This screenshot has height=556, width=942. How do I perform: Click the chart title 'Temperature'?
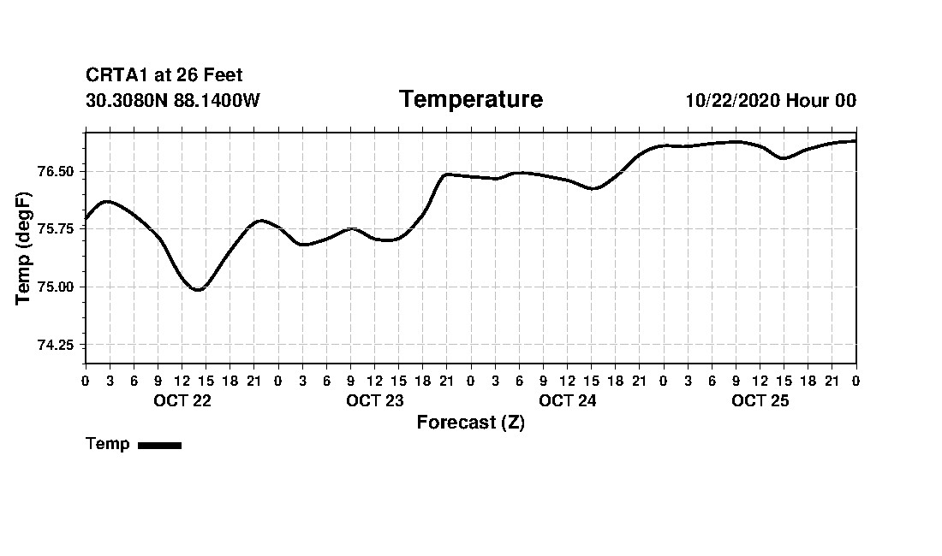tap(470, 100)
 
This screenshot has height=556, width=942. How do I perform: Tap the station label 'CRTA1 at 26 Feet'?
tap(164, 76)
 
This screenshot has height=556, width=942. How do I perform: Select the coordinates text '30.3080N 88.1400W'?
tap(173, 101)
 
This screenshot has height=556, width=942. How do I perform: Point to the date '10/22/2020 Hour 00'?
tap(771, 101)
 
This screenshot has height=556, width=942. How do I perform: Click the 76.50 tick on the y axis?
tap(57, 172)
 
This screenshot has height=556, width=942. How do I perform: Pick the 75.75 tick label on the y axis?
tap(57, 229)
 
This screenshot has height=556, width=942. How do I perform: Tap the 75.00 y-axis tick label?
tap(57, 287)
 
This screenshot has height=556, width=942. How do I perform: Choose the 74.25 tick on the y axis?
tap(57, 346)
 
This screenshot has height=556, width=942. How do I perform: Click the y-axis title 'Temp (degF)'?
tap(24, 248)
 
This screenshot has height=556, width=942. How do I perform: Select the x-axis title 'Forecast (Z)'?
tap(470, 423)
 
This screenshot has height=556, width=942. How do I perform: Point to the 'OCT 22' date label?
tap(182, 401)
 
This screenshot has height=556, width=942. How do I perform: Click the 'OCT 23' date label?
tap(374, 401)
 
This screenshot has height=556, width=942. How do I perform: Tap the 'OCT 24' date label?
tap(567, 401)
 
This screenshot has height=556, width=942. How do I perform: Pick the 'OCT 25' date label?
tap(760, 401)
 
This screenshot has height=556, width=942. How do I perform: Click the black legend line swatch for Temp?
tap(159, 445)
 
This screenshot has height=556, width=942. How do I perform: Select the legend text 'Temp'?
tap(108, 444)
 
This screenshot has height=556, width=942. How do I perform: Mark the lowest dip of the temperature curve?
tap(198, 290)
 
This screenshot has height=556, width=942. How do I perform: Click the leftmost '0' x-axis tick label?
tap(86, 381)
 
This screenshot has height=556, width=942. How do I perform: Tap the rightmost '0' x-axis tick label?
tap(856, 381)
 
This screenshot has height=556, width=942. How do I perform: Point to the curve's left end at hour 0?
tap(86, 218)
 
